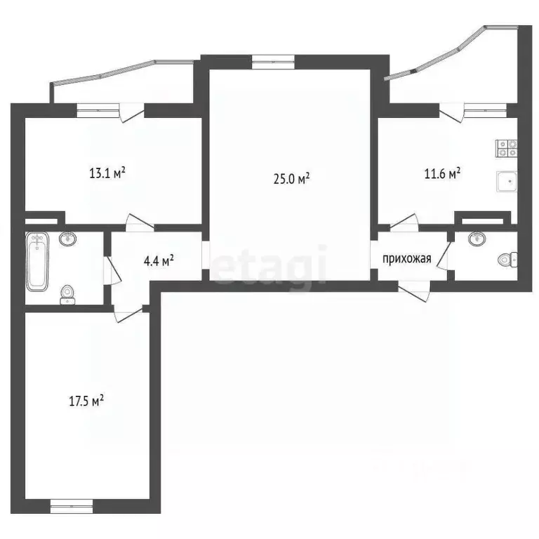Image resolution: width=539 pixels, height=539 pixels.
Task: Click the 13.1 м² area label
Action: (x=107, y=172)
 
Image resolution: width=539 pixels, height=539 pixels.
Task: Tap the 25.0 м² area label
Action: (x=291, y=179)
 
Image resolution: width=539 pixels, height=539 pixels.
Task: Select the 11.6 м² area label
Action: (x=441, y=172)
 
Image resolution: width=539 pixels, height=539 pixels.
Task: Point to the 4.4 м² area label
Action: (x=159, y=261)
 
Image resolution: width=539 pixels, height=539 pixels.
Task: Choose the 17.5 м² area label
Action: (x=86, y=401)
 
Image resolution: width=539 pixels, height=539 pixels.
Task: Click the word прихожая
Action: (x=406, y=260)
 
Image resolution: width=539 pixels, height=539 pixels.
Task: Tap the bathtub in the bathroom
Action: (x=38, y=262)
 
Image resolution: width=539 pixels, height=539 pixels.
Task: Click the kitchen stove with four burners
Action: (x=507, y=148)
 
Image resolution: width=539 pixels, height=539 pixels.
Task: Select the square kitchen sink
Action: (x=506, y=182)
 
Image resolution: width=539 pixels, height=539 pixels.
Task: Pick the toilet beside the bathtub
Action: (x=67, y=293)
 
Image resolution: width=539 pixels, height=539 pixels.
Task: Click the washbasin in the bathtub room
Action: (x=67, y=239)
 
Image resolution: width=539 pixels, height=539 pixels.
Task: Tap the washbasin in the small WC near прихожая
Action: (x=478, y=239)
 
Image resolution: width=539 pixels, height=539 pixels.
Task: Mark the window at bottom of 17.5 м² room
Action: (x=71, y=502)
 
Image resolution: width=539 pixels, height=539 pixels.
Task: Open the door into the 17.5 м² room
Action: (x=127, y=314)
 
